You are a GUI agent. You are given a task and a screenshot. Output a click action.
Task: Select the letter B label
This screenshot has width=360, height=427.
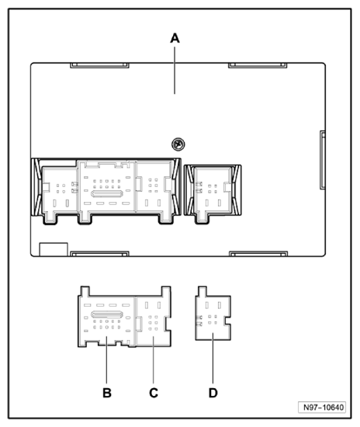pyautogui.click(x=107, y=393)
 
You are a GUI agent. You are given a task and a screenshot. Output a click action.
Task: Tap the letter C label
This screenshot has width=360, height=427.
pyautogui.click(x=154, y=393)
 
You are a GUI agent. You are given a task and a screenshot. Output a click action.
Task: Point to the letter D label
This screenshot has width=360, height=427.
pyautogui.click(x=213, y=393)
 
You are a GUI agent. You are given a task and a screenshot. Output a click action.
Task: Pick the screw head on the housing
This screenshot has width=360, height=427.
pyautogui.click(x=178, y=144)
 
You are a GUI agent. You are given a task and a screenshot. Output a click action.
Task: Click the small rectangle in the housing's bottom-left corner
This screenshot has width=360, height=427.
pyautogui.click(x=50, y=249)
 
